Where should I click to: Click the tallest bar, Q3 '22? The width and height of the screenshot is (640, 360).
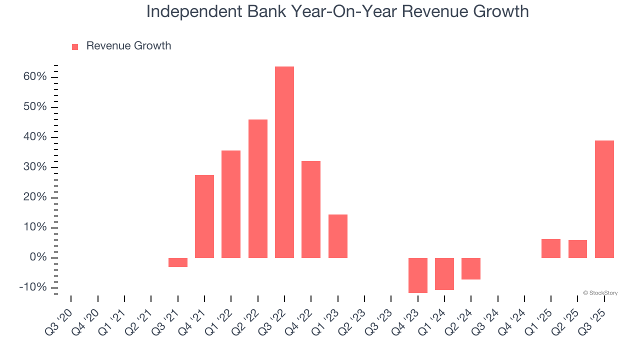pos(284,162)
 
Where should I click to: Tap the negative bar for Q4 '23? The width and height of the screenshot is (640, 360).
pos(418,275)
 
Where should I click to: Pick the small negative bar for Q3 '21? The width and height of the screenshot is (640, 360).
pos(178,262)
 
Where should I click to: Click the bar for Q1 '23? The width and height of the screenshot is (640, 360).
pos(338,236)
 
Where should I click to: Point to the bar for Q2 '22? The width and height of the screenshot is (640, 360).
pos(258,188)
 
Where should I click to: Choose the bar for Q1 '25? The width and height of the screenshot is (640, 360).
pos(551,248)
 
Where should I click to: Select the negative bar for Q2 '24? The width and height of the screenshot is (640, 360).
pos(471,268)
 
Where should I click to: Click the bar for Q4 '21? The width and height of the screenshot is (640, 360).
pos(204,216)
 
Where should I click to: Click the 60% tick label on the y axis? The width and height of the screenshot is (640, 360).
pos(34,77)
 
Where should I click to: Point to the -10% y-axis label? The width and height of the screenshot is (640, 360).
pos(33,288)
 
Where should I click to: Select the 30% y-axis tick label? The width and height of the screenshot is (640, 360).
pos(34,167)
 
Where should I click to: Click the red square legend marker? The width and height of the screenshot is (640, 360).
pos(75,47)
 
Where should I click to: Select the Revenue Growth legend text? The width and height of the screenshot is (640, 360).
pos(128,46)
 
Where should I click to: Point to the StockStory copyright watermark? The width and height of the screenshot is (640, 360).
pos(600,293)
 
